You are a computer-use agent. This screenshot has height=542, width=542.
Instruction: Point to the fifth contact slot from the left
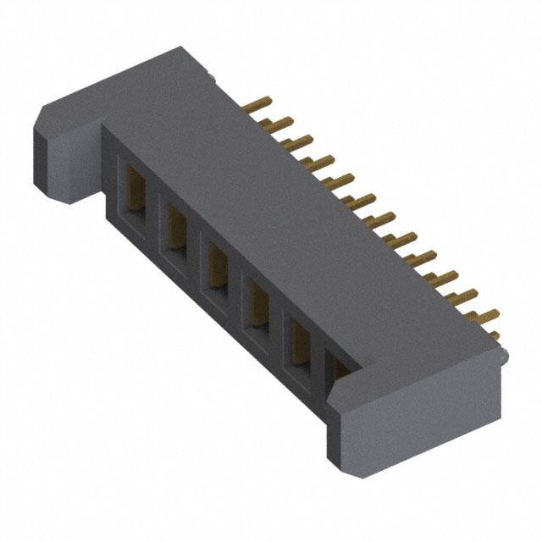pyautogui.click(x=299, y=337)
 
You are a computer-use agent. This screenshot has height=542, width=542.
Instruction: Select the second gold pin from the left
pyautogui.click(x=274, y=124)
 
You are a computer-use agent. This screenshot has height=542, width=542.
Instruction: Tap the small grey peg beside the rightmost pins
pyautogui.click(x=504, y=359)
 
